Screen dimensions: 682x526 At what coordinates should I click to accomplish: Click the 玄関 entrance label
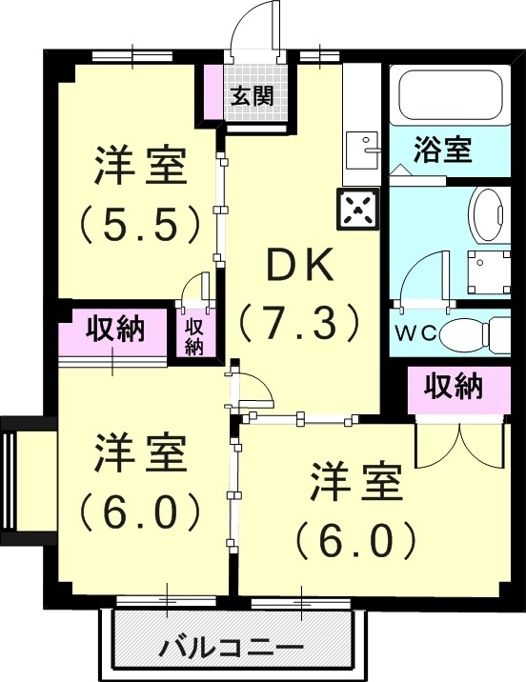(252, 95)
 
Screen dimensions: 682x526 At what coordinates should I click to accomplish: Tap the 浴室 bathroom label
(443, 150)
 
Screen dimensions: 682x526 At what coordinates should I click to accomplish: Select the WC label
(416, 334)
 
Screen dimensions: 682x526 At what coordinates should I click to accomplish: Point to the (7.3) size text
(299, 323)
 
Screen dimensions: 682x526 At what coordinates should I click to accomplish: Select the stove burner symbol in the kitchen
(356, 208)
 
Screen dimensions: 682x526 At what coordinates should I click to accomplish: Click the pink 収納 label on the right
(453, 387)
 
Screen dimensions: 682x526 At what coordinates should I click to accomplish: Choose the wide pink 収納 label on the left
(115, 330)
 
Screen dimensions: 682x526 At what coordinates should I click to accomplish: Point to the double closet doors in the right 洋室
(459, 443)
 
